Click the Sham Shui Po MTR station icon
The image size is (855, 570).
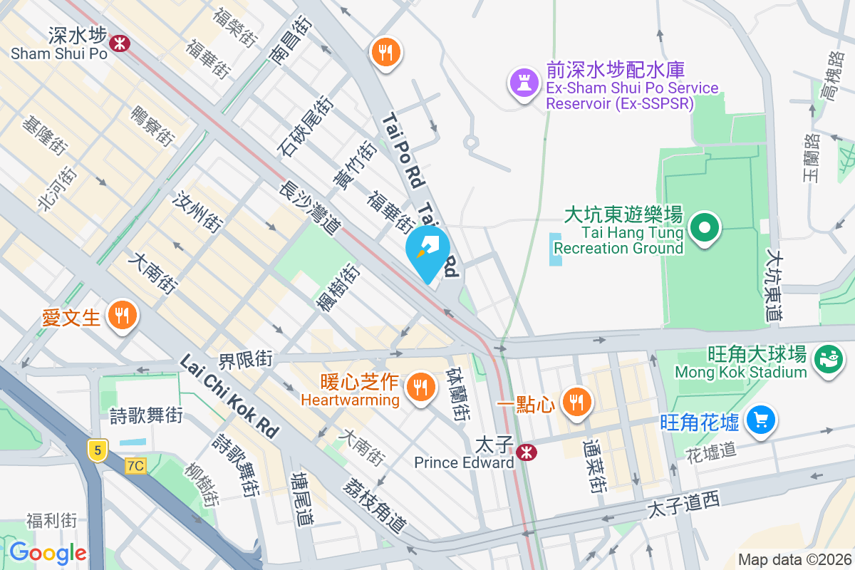tap(120, 43)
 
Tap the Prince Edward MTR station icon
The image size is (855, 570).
tap(527, 452)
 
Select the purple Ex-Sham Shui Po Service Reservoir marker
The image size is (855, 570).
tap(524, 83)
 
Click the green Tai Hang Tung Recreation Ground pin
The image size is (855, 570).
tap(705, 229)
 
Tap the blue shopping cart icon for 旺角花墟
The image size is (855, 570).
tap(760, 420)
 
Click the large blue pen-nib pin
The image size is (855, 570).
tap(427, 251)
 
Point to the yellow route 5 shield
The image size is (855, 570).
tap(98, 450)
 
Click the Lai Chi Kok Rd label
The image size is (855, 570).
tap(229, 396)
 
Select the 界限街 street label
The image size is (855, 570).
tap(245, 360)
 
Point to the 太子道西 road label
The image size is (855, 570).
tap(683, 504)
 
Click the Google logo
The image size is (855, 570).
tap(48, 552)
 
